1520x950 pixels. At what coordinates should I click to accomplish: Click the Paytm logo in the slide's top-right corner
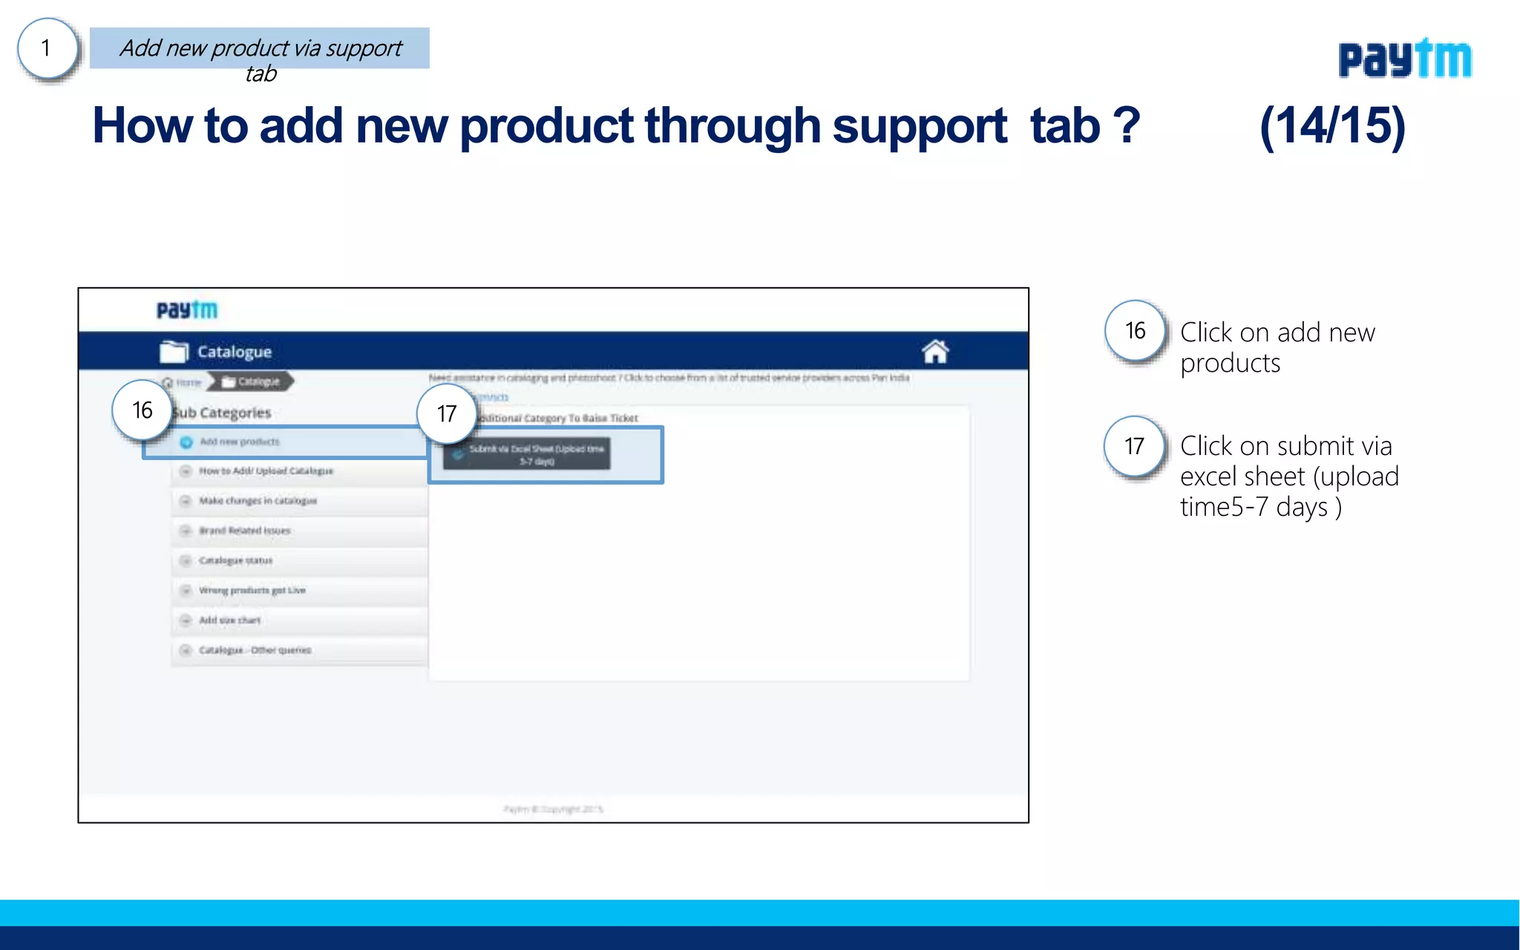(x=1404, y=59)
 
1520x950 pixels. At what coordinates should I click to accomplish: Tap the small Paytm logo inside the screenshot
(x=187, y=309)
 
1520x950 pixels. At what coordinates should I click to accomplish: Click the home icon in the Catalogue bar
(x=935, y=351)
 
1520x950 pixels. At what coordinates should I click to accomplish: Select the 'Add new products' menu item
(x=240, y=442)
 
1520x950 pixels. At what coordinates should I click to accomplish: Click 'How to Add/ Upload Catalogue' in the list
(x=266, y=471)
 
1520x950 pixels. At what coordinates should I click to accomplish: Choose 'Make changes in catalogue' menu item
(x=258, y=501)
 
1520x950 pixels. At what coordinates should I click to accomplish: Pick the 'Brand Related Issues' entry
(x=244, y=531)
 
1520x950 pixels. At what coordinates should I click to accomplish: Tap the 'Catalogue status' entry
(x=235, y=560)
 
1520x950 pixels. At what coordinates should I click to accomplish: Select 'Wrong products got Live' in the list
(x=252, y=590)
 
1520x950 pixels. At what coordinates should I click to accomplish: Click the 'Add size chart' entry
(x=229, y=620)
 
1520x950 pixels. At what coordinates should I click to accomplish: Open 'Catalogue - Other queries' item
(x=255, y=650)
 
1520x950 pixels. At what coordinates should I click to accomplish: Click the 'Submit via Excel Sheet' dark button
(x=527, y=454)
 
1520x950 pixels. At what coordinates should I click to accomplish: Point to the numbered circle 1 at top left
(x=47, y=49)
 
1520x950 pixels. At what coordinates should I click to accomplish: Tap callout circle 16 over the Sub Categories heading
(x=142, y=410)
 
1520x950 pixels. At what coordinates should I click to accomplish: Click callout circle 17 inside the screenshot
(x=446, y=413)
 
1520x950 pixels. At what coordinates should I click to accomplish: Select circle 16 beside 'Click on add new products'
(x=1135, y=331)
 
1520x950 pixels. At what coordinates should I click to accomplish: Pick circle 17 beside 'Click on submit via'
(x=1134, y=446)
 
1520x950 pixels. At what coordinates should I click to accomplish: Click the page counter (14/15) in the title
(x=1332, y=125)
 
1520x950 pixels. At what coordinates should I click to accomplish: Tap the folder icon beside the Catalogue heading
(x=174, y=351)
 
